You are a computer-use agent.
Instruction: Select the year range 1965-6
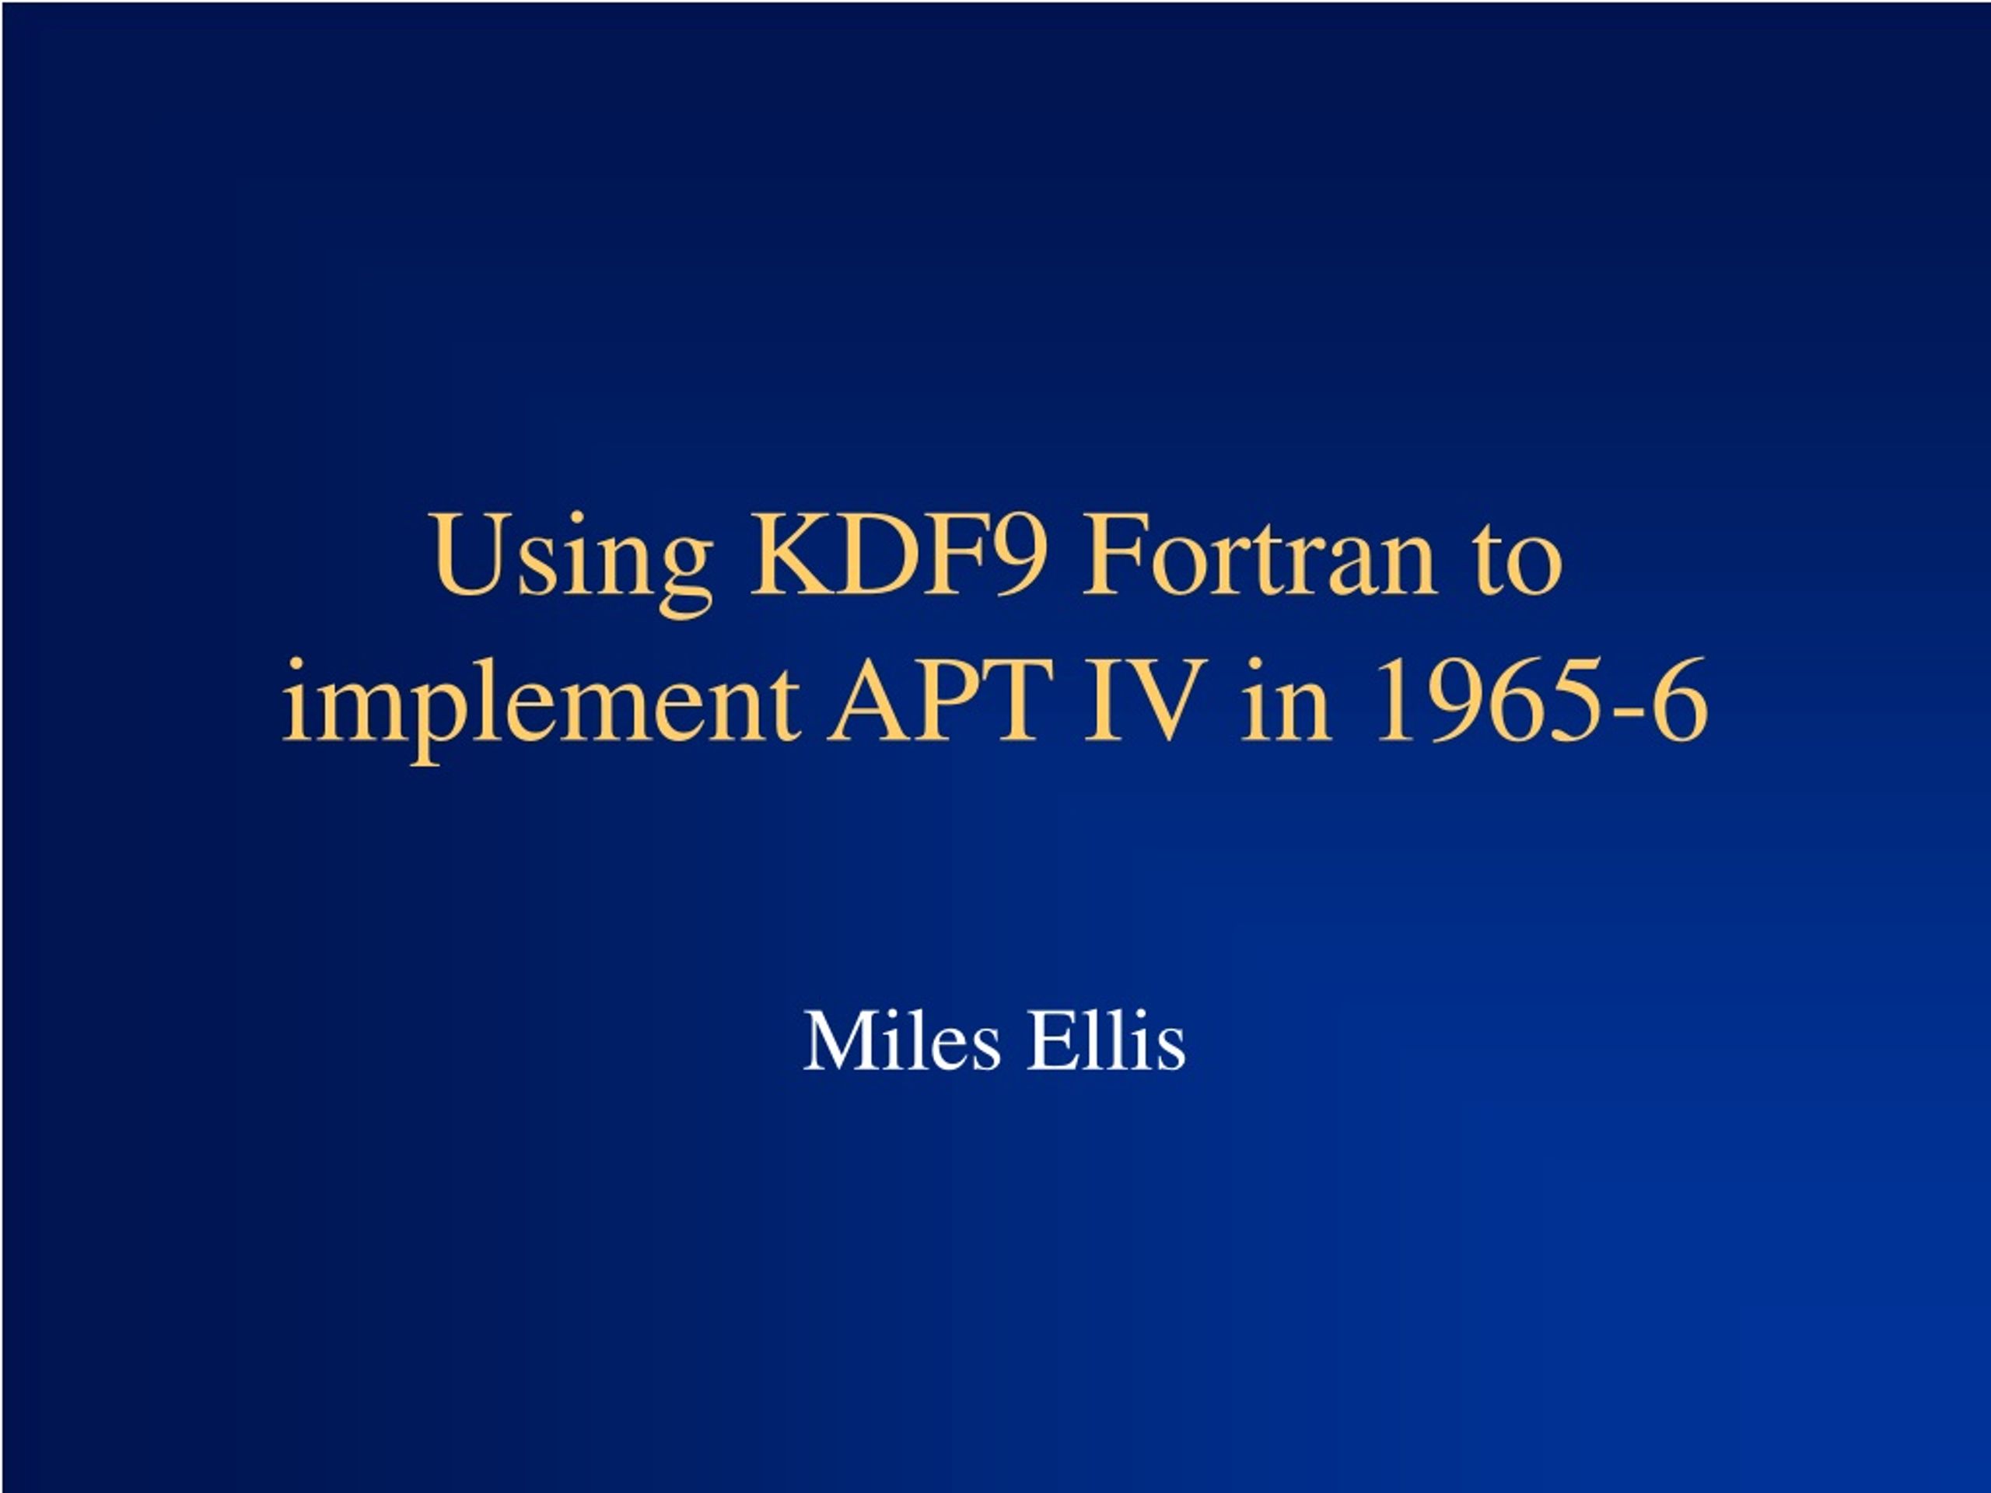point(1541,700)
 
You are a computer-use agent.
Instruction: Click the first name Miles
point(901,1041)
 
